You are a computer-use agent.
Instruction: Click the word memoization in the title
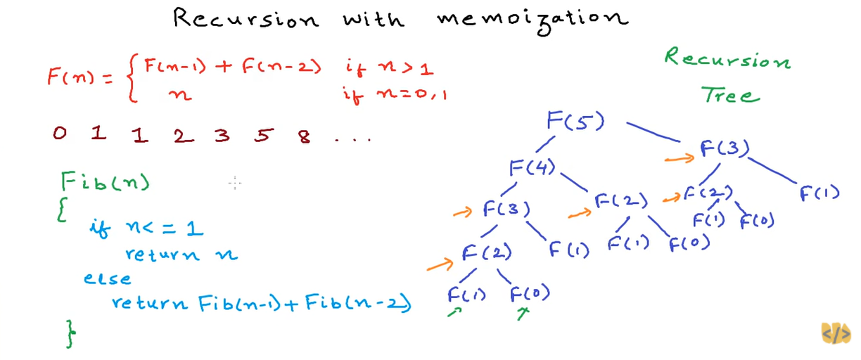[x=532, y=17]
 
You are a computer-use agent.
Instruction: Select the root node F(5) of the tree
[x=575, y=121]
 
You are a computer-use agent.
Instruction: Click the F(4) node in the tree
[x=532, y=167]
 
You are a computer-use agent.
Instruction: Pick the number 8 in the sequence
[x=304, y=136]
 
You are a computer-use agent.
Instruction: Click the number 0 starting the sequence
[x=60, y=133]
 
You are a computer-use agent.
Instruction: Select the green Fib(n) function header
[x=106, y=182]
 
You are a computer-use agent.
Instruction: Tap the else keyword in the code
[x=107, y=278]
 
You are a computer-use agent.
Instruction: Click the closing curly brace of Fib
[x=70, y=333]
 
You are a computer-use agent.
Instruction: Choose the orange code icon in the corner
[x=836, y=333]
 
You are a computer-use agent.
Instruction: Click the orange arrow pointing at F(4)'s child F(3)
[x=463, y=211]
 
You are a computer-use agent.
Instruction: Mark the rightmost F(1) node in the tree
[x=819, y=193]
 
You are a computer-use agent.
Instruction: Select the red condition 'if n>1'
[x=389, y=68]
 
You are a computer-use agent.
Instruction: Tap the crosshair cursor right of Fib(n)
[x=235, y=184]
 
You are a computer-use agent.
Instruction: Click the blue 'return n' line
[x=181, y=255]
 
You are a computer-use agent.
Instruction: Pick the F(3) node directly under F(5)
[x=725, y=149]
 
